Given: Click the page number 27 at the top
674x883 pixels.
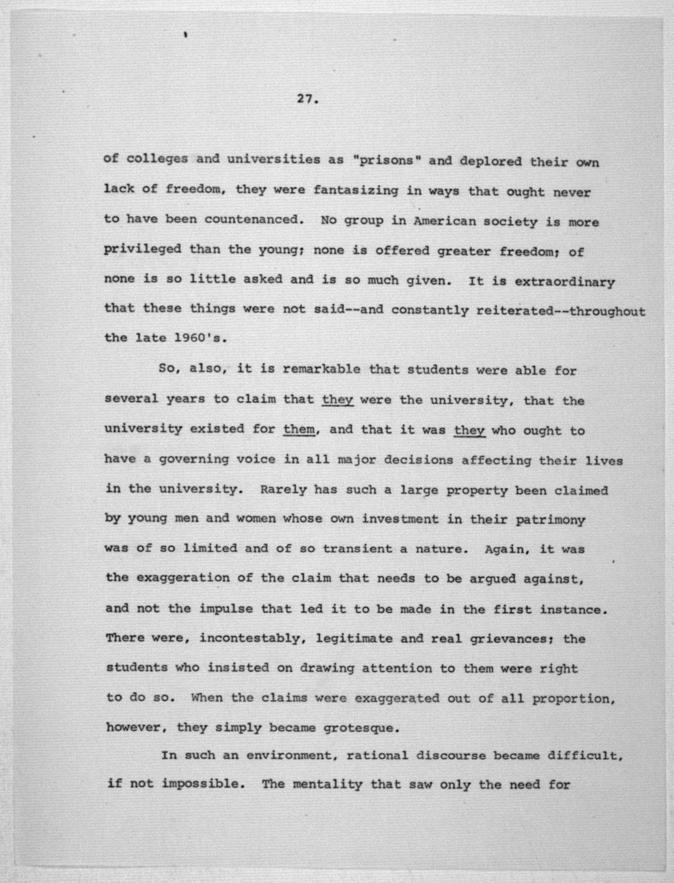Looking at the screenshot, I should click(307, 99).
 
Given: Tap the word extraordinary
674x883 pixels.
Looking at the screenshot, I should click(564, 282).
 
